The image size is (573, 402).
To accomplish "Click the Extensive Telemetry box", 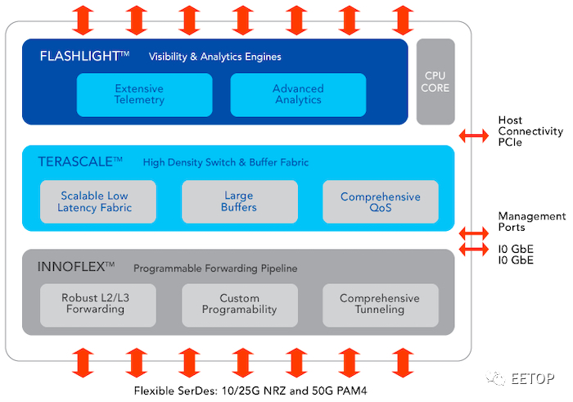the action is pos(144,95).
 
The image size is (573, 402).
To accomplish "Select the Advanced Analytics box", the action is pos(298,95).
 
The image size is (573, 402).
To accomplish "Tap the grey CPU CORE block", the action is pos(435,82).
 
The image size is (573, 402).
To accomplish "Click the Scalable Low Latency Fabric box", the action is pos(98,201).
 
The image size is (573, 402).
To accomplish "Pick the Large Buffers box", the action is pos(240,201).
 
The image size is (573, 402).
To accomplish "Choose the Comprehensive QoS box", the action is pos(381,201).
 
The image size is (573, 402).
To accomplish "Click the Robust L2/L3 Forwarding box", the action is pos(98,305).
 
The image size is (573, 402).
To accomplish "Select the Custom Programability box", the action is pos(240,305).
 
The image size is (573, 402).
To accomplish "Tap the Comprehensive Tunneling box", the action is pos(381,305).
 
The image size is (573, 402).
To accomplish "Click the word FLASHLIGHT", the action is pos(79,56).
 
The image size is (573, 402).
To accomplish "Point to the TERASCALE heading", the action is pos(75,162).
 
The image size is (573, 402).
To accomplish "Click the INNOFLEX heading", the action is pos(71,267).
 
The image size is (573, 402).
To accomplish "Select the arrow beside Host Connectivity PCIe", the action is pos(474,136).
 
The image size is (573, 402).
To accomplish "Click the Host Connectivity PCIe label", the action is pos(530,131).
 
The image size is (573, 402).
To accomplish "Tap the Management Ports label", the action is pos(532,221).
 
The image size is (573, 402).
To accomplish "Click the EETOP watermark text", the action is pos(532,378).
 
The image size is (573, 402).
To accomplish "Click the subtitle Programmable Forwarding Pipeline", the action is pos(215,269).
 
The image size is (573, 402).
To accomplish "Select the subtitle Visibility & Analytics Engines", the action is pos(214,56).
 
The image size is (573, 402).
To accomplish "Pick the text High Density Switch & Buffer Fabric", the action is pos(226,162).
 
